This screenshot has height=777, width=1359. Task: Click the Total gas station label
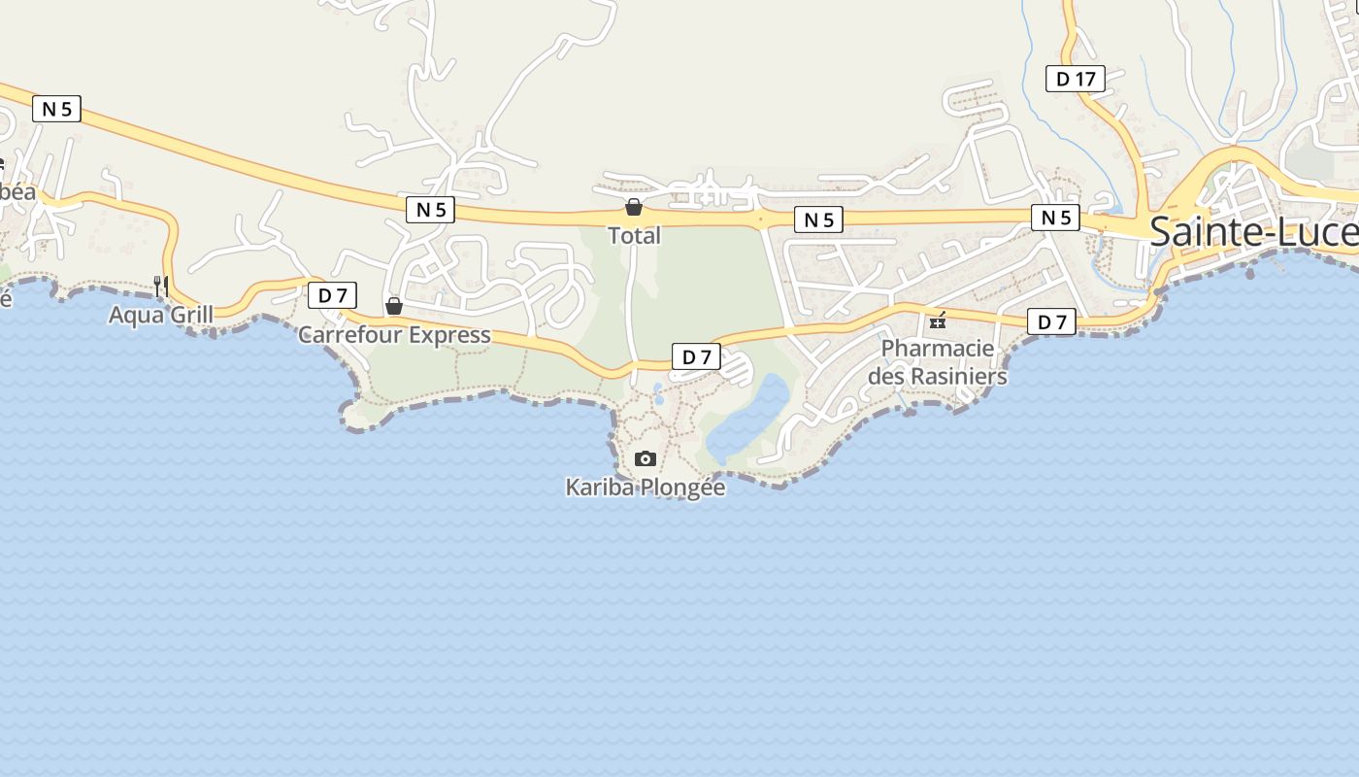pyautogui.click(x=634, y=235)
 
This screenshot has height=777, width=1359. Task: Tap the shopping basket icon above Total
pyautogui.click(x=634, y=207)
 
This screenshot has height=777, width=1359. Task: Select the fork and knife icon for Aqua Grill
pyautogui.click(x=161, y=286)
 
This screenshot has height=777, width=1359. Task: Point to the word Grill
pyautogui.click(x=190, y=315)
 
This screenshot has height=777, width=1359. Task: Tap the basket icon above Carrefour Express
pyautogui.click(x=394, y=306)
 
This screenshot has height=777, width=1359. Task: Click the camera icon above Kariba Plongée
pyautogui.click(x=646, y=458)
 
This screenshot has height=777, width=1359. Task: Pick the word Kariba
pyautogui.click(x=599, y=487)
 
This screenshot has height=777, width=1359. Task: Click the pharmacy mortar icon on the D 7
pyautogui.click(x=938, y=321)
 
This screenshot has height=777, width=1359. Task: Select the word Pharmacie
pyautogui.click(x=938, y=349)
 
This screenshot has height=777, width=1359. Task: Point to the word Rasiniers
pyautogui.click(x=955, y=376)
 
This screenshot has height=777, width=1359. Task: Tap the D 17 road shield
pyautogui.click(x=1076, y=79)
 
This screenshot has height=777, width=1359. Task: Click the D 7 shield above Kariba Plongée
pyautogui.click(x=697, y=356)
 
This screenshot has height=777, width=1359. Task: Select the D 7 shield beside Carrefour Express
pyautogui.click(x=332, y=294)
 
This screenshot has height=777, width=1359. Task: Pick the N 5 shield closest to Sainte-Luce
pyautogui.click(x=1056, y=218)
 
